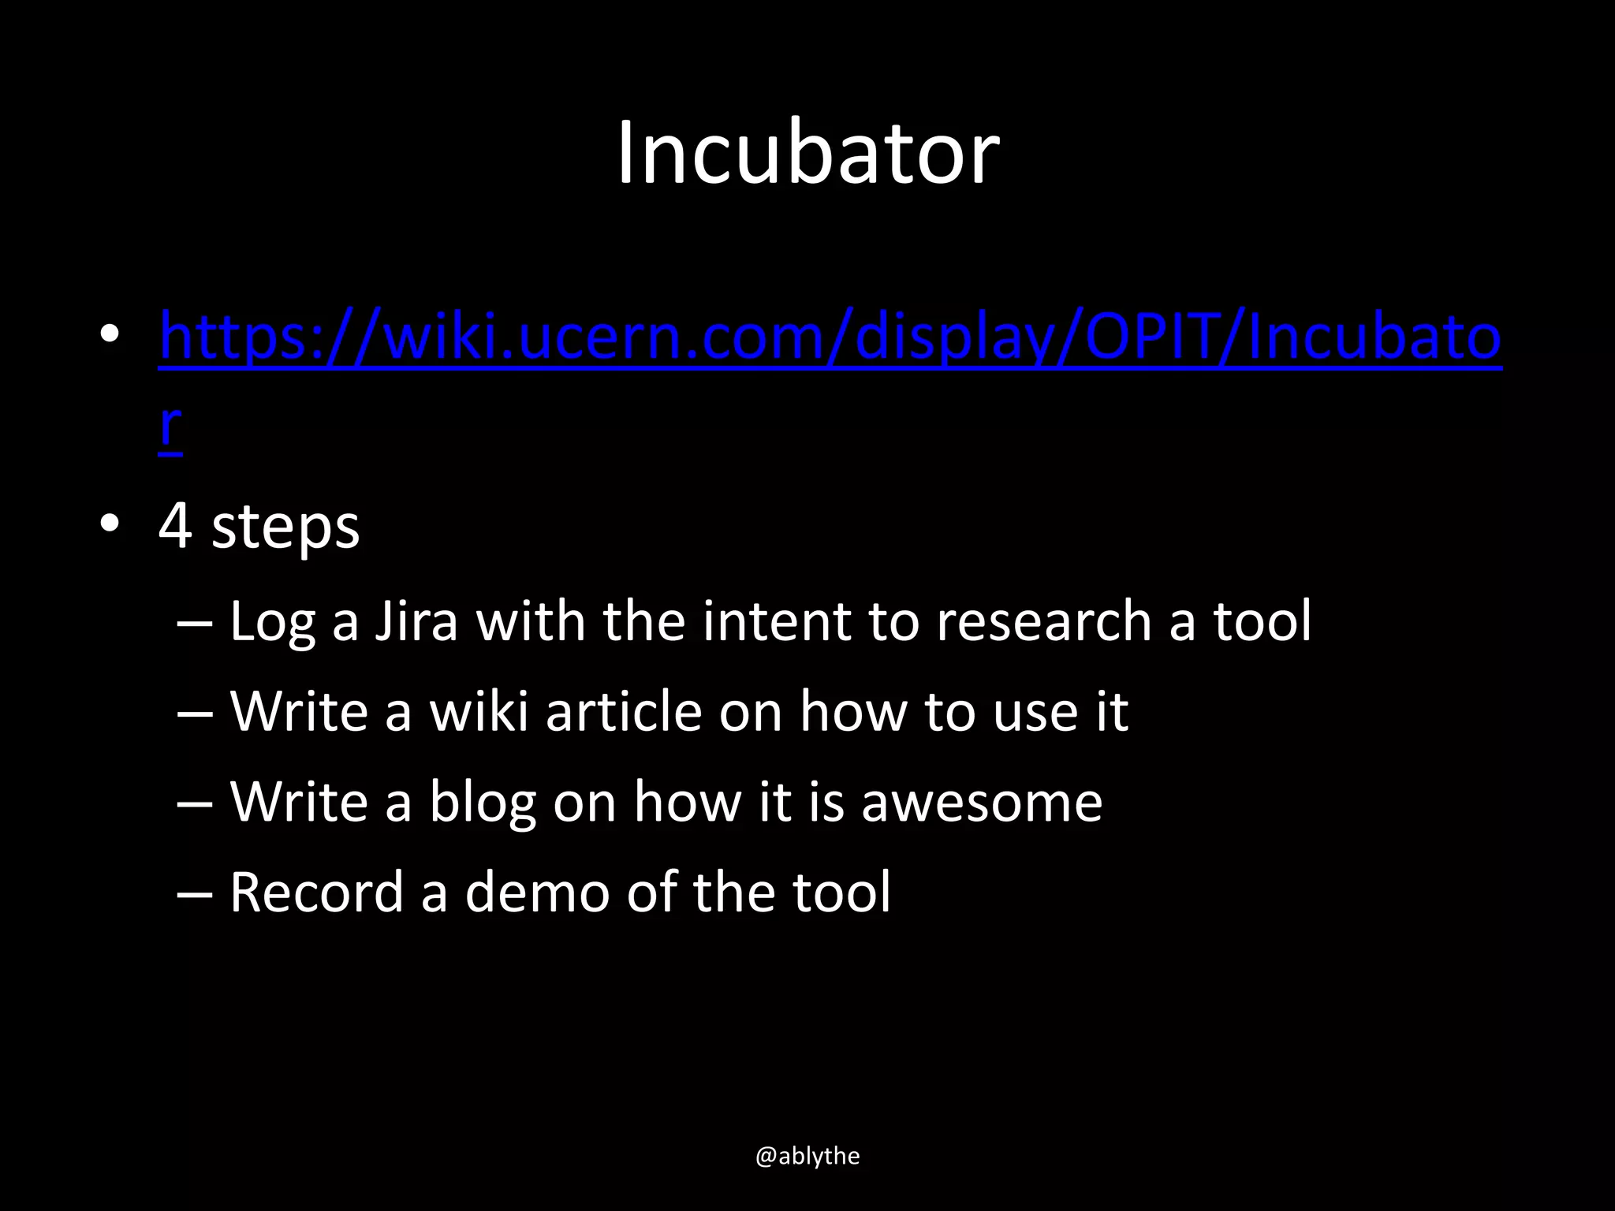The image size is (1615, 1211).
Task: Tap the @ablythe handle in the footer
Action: pyautogui.click(x=807, y=1156)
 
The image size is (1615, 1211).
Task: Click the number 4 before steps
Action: pyautogui.click(x=175, y=526)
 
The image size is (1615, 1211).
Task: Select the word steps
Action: pyautogui.click(x=285, y=528)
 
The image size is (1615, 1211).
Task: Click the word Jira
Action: pyautogui.click(x=416, y=620)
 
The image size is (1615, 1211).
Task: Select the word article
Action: pyautogui.click(x=623, y=711)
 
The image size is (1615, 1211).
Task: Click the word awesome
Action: pyautogui.click(x=981, y=803)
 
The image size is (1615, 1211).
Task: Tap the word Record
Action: pyautogui.click(x=316, y=892)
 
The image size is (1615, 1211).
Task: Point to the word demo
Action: pyautogui.click(x=537, y=892)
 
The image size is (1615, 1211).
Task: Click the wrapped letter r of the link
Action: pyautogui.click(x=170, y=427)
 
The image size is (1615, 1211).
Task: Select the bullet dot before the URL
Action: pyautogui.click(x=110, y=335)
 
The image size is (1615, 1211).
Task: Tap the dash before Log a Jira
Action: pyautogui.click(x=195, y=623)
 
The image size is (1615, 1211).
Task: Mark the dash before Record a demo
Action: pyautogui.click(x=195, y=895)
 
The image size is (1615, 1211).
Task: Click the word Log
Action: pyautogui.click(x=272, y=622)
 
